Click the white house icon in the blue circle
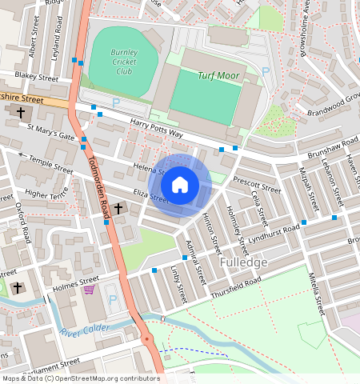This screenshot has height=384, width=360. coord(180,185)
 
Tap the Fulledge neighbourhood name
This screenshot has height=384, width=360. coord(243,262)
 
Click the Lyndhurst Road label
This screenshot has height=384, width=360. coord(274,234)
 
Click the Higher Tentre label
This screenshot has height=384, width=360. coord(46,194)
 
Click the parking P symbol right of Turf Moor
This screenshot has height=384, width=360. coord(266,71)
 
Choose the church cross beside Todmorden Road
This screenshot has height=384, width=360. coord(118,209)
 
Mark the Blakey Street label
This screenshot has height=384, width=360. coord(37,78)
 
